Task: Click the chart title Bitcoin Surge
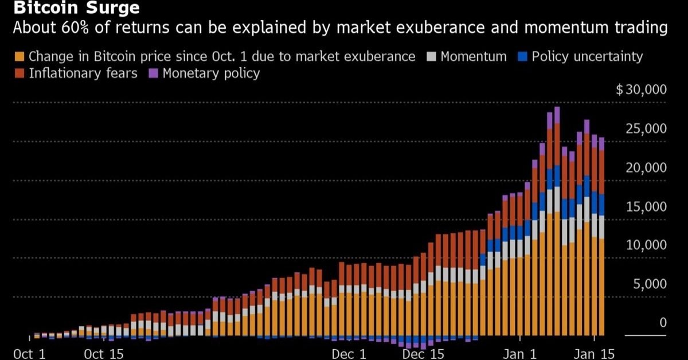click(76, 7)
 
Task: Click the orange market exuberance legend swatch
click(19, 57)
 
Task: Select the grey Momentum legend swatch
click(431, 57)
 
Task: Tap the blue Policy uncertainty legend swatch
click(522, 57)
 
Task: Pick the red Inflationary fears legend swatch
click(19, 73)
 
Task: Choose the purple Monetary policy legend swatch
click(153, 73)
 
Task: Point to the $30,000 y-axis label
click(642, 89)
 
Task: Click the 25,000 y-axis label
click(646, 129)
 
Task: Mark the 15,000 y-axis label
click(646, 207)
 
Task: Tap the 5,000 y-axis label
click(650, 284)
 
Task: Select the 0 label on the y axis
click(663, 323)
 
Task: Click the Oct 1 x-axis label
click(29, 354)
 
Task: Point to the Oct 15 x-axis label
click(104, 354)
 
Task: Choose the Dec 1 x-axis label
click(349, 354)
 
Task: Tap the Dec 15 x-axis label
click(423, 354)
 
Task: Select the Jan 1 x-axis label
click(519, 354)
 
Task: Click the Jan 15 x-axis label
click(594, 354)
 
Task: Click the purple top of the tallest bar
click(557, 115)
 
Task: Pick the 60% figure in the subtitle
click(75, 28)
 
